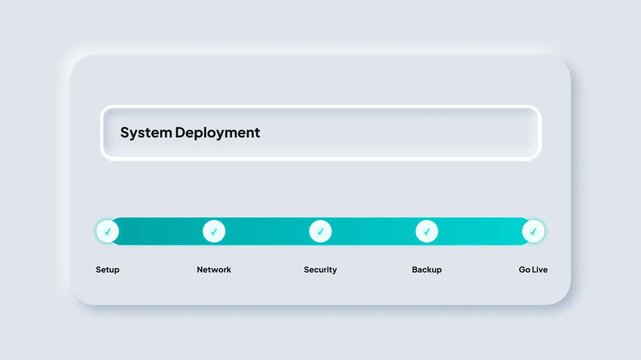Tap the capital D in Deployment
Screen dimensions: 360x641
pos(180,132)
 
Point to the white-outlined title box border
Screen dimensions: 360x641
pos(320,107)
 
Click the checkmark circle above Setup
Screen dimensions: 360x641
pos(107,231)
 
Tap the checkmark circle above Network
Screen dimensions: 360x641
pos(214,231)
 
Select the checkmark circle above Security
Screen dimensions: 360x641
pos(320,231)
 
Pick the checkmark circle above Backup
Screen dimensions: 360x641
pos(427,231)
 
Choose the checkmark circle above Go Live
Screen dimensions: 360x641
pos(533,231)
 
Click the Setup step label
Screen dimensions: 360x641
pos(107,270)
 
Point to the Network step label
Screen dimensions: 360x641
pos(214,270)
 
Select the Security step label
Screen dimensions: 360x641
pos(320,270)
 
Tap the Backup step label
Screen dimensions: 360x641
pos(427,270)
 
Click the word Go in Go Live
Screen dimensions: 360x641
pos(525,270)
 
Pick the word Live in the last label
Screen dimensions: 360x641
pos(540,270)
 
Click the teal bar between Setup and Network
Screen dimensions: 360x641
pos(160,231)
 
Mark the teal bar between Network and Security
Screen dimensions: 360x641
pos(267,231)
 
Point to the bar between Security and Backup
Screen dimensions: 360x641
pos(373,231)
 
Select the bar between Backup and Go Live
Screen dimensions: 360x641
pos(480,231)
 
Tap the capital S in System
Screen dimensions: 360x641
pos(125,132)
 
